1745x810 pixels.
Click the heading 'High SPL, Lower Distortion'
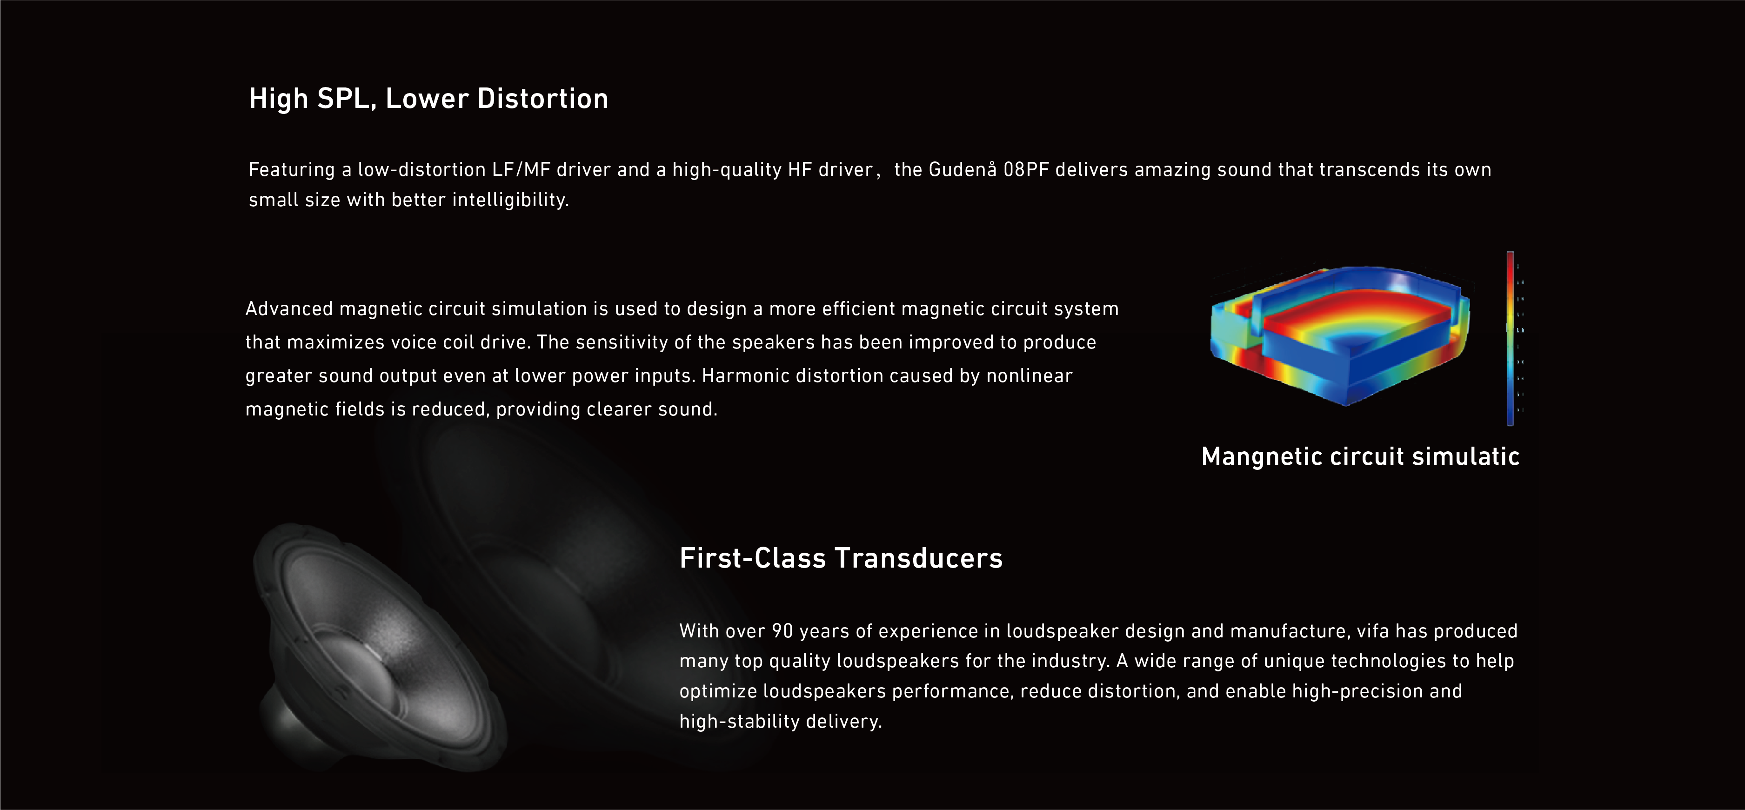coord(428,99)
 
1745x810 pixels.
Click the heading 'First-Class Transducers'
coord(841,558)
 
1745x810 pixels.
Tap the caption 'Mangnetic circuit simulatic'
coord(1360,456)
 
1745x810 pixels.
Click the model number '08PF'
coord(1026,169)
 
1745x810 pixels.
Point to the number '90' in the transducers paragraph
coord(782,631)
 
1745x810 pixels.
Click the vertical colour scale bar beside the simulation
coord(1511,339)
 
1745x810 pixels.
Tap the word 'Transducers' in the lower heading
coord(919,558)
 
